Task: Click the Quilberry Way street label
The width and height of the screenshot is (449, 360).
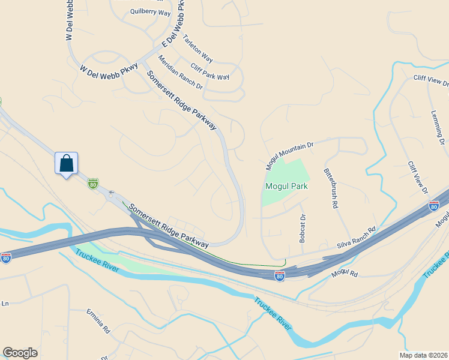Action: pos(150,13)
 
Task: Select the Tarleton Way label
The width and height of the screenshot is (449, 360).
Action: pos(197,49)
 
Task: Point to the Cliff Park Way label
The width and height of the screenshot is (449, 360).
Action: pos(209,72)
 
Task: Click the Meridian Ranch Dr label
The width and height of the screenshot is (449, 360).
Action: pos(180,73)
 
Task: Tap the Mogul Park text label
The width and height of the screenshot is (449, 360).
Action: pos(286,186)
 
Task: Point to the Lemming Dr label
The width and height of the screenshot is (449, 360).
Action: pos(439,128)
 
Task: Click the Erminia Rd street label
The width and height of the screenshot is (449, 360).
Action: pos(98,321)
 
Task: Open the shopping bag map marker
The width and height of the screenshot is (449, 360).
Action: pos(67,163)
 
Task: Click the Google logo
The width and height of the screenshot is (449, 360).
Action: pos(20,353)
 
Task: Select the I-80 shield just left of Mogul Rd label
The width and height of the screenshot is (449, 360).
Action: pos(279,275)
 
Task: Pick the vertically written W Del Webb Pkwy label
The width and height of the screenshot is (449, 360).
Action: pos(68,20)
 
